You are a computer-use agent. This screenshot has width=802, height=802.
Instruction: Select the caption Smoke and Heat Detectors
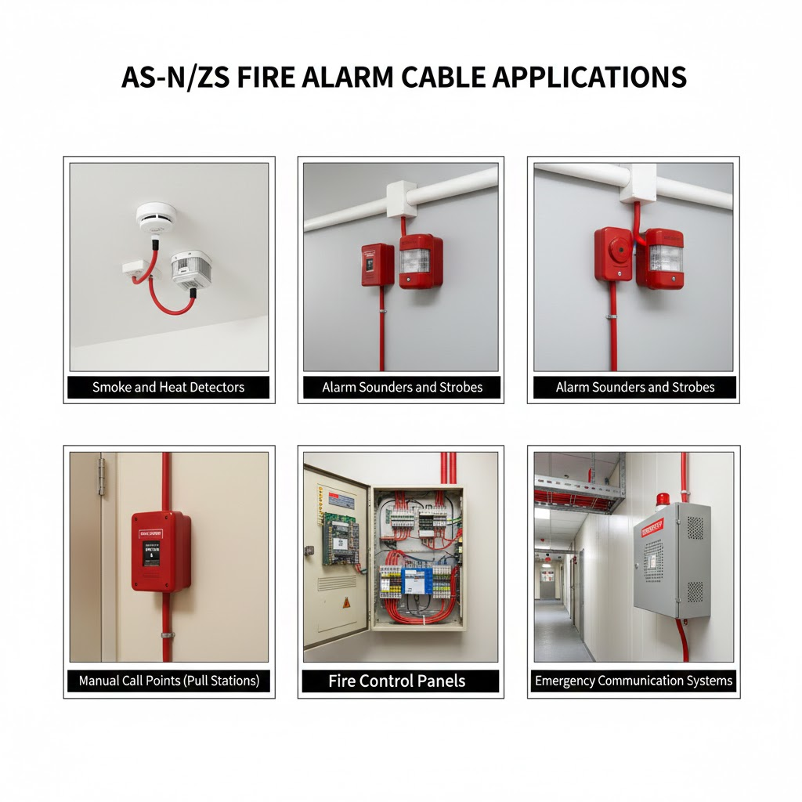tap(168, 387)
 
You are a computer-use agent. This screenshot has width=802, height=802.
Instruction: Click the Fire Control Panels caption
tap(397, 681)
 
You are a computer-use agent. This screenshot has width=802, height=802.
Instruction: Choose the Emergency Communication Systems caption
tap(634, 681)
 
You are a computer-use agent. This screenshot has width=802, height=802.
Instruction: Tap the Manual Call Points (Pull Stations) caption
tap(168, 681)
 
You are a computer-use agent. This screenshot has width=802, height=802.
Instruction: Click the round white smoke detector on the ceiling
tap(157, 216)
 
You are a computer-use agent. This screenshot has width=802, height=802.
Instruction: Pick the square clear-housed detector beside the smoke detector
tap(191, 270)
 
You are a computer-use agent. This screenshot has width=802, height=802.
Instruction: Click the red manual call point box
tap(161, 551)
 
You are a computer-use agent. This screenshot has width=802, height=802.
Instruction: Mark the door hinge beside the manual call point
tap(100, 477)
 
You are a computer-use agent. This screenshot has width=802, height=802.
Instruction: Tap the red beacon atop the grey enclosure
tap(663, 499)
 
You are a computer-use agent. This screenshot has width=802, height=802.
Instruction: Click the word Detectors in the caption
tap(215, 387)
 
